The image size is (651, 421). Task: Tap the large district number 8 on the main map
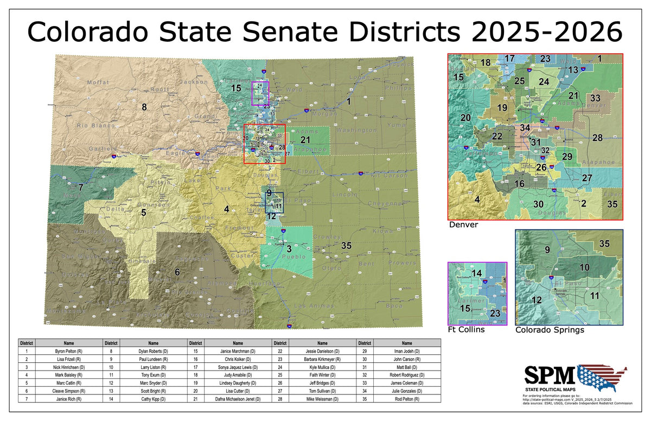[144, 106]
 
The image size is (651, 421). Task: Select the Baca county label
[394, 306]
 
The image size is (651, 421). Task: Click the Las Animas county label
[313, 306]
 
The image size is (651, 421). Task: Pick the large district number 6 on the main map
[177, 272]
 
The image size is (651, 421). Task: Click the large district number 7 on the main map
[80, 188]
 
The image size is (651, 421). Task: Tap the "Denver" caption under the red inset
[463, 225]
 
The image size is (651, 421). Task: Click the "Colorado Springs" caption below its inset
[550, 330]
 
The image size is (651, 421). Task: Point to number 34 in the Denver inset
[525, 128]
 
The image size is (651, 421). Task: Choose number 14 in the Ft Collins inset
[476, 273]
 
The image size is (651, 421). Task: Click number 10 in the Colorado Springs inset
[584, 267]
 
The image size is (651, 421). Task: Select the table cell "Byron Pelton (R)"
[68, 352]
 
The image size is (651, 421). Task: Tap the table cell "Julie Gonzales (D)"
[407, 391]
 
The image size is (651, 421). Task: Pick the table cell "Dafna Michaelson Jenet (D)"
[238, 399]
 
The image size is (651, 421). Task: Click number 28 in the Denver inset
[597, 138]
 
